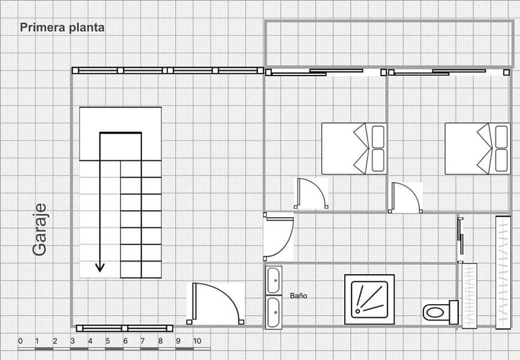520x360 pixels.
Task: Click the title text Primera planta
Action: [x=62, y=28]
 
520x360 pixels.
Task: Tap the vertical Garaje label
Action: [x=40, y=230]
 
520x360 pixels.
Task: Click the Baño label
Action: [x=299, y=296]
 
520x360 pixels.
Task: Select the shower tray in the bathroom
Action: [x=369, y=299]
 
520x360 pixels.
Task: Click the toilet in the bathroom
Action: [x=441, y=312]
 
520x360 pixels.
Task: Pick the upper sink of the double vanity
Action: [x=273, y=280]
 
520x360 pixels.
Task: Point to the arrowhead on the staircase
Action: [x=100, y=267]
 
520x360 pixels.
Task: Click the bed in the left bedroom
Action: [x=354, y=149]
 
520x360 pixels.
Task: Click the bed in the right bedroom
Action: [x=477, y=149]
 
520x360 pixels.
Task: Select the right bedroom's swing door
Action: [x=405, y=197]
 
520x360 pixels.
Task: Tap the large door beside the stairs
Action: [x=215, y=303]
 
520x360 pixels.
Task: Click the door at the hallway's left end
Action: [x=278, y=236]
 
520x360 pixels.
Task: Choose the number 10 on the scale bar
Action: [x=197, y=341]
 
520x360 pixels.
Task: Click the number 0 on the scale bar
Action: [x=20, y=341]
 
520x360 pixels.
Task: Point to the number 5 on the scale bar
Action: [x=107, y=341]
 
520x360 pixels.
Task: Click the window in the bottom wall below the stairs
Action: [x=125, y=328]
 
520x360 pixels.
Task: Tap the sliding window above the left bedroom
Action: [x=326, y=73]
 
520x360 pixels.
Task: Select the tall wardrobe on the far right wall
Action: [x=503, y=272]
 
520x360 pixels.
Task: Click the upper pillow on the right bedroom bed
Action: [x=501, y=137]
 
